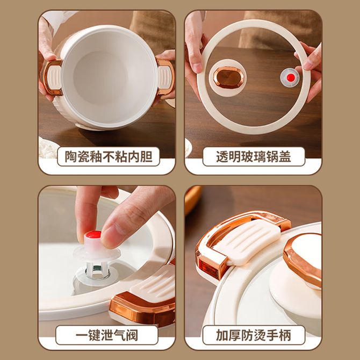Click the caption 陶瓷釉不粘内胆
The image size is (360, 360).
[x=109, y=156]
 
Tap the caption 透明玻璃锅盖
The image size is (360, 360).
[x=254, y=156]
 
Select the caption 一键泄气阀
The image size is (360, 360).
[x=107, y=335]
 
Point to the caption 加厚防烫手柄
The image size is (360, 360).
[x=254, y=335]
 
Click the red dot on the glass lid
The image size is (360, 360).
[x=291, y=77]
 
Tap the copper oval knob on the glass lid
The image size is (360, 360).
[x=228, y=77]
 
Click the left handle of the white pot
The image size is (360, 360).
[x=52, y=77]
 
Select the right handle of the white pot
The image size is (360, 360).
[x=165, y=77]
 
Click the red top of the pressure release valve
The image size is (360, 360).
[x=93, y=234]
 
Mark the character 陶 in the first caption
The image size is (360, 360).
[x=71, y=156]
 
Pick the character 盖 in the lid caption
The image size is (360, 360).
[x=285, y=156]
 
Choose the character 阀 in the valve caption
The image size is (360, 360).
[x=132, y=335]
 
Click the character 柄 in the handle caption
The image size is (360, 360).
[x=285, y=335]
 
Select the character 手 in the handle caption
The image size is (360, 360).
[x=272, y=335]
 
